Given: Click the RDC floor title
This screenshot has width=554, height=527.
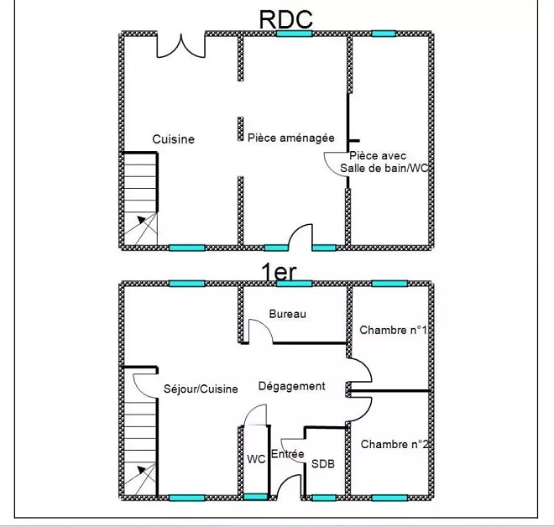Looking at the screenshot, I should pyautogui.click(x=286, y=18).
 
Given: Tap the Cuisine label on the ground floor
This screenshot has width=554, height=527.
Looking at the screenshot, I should pyautogui.click(x=173, y=139).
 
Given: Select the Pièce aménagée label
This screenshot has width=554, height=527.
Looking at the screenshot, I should pyautogui.click(x=291, y=137).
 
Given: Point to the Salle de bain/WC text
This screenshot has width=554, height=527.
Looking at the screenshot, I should pyautogui.click(x=384, y=168).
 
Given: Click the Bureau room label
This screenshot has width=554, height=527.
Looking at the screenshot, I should pyautogui.click(x=288, y=314).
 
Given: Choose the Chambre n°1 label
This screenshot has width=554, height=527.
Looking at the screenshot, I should pyautogui.click(x=393, y=331).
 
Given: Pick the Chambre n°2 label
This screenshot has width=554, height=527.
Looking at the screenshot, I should pyautogui.click(x=395, y=444).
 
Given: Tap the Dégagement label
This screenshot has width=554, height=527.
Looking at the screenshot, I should pyautogui.click(x=291, y=386).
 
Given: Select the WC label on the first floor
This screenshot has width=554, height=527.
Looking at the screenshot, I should pyautogui.click(x=256, y=459).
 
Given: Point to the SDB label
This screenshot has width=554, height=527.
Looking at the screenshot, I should pyautogui.click(x=322, y=462).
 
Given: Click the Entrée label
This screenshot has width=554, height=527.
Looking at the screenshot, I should pyautogui.click(x=288, y=454).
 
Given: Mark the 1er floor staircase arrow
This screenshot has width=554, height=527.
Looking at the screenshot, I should pyautogui.click(x=145, y=478).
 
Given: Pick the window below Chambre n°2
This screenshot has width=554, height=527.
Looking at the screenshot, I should pyautogui.click(x=389, y=498).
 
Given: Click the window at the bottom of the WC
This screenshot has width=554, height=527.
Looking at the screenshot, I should pyautogui.click(x=256, y=498).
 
